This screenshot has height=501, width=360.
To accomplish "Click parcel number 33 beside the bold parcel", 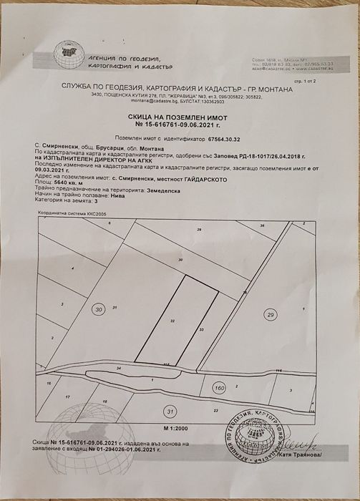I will pyautogui.click(x=202, y=329).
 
